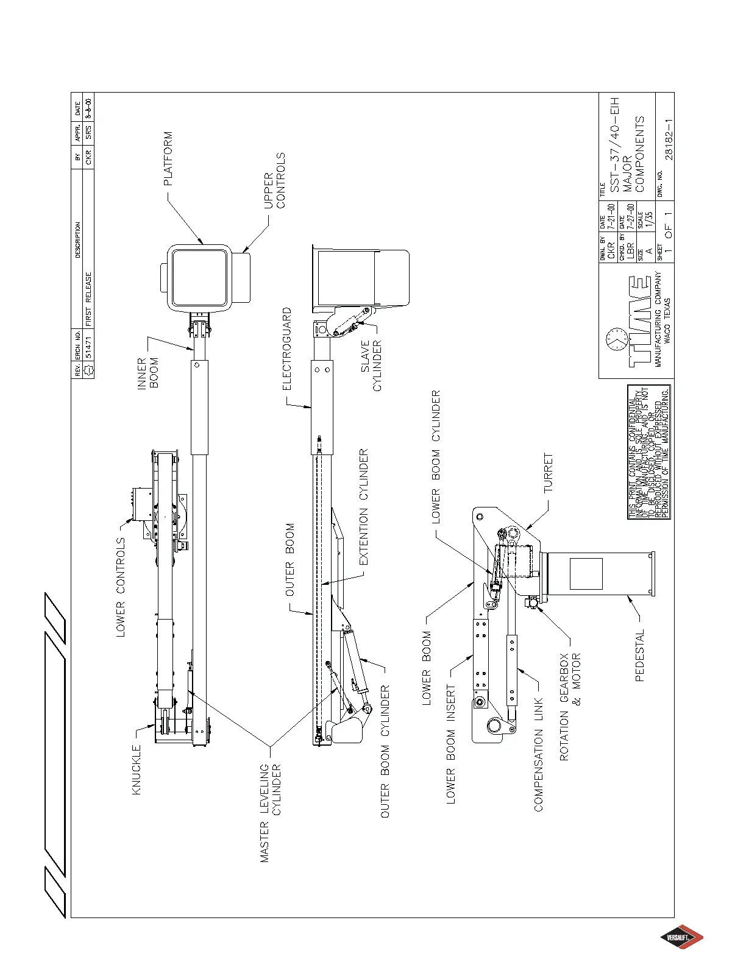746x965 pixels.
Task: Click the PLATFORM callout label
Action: pyautogui.click(x=168, y=158)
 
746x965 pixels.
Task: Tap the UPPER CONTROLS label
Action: pyautogui.click(x=274, y=180)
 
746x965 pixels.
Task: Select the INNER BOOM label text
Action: pyautogui.click(x=148, y=373)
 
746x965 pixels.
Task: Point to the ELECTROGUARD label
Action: pyautogui.click(x=287, y=348)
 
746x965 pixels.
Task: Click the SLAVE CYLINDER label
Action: pyautogui.click(x=371, y=366)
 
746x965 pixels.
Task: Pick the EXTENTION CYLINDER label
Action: pyautogui.click(x=364, y=507)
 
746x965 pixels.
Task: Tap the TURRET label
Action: pyautogui.click(x=549, y=473)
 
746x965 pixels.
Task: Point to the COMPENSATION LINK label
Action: pyautogui.click(x=538, y=754)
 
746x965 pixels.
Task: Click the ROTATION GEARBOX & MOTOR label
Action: pyautogui.click(x=570, y=707)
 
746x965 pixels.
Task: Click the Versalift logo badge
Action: pyautogui.click(x=683, y=938)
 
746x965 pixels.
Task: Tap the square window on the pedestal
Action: pyautogui.click(x=586, y=574)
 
